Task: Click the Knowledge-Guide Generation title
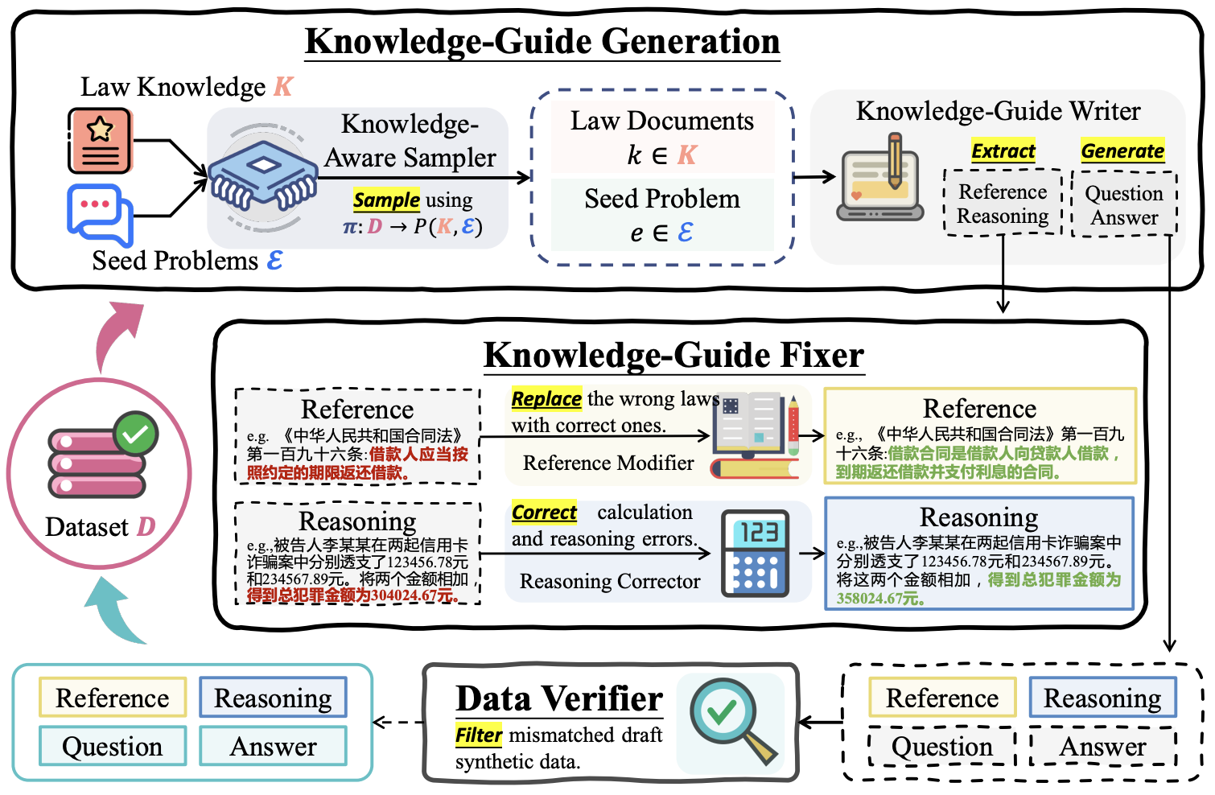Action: (x=542, y=42)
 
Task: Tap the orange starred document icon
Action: (x=100, y=141)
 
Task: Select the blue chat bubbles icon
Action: (x=99, y=214)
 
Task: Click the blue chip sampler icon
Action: (x=262, y=179)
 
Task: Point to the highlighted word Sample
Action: (x=386, y=200)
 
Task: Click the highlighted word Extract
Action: (x=1003, y=151)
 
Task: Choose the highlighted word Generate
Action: (x=1122, y=151)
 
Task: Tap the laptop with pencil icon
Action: (x=880, y=180)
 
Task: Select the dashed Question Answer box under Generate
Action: (x=1124, y=204)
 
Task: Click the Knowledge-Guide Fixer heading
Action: (x=673, y=356)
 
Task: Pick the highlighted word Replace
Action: (x=546, y=399)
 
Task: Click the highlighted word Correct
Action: (x=544, y=513)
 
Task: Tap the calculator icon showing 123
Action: (x=755, y=553)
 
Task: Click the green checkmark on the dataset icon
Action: (x=135, y=435)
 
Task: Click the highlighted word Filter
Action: (x=479, y=735)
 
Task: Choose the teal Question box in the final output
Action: (x=113, y=747)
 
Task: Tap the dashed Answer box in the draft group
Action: (x=1102, y=747)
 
